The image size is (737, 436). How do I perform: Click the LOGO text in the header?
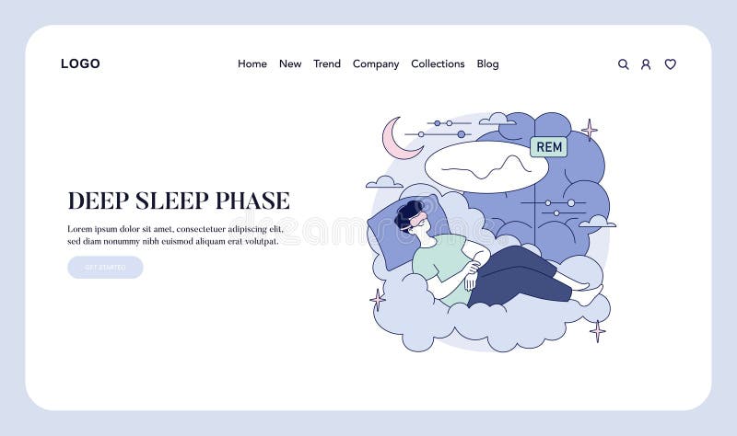[x=80, y=64]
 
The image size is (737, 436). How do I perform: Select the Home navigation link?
[x=252, y=64]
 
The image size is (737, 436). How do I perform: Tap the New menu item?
[x=290, y=64]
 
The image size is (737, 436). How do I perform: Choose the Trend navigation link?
[x=327, y=64]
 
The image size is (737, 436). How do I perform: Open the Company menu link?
[x=376, y=64]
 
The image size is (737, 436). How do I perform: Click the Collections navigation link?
[x=438, y=64]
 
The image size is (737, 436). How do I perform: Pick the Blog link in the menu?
[x=487, y=64]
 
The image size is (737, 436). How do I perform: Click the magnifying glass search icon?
[x=624, y=64]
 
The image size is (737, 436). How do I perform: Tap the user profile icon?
[x=646, y=64]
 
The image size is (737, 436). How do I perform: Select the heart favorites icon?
[x=671, y=64]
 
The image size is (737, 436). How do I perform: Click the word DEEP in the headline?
[x=99, y=201]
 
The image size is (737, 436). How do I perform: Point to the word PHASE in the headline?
[x=252, y=201]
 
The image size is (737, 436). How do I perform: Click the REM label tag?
[x=549, y=147]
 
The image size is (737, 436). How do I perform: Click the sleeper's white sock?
[x=589, y=295]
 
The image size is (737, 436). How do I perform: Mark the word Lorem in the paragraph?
[x=81, y=229]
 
